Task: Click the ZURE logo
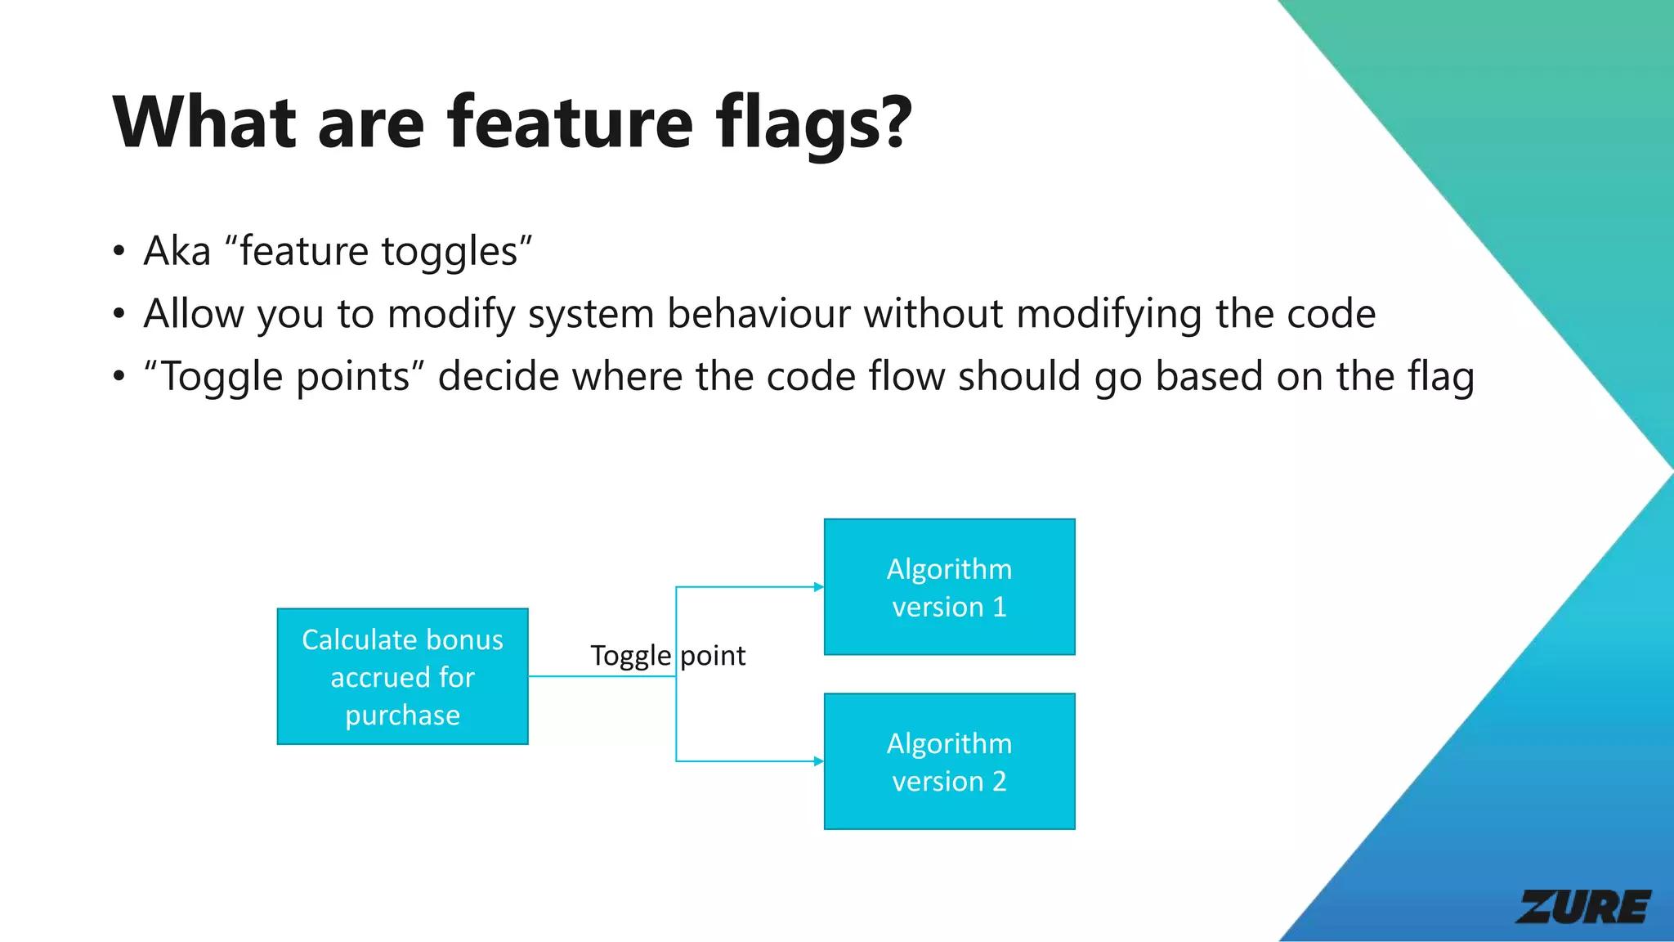1583,907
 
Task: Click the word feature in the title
570,123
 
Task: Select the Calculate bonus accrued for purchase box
402,676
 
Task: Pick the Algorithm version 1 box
949,587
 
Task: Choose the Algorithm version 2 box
949,761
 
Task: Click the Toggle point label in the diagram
668,656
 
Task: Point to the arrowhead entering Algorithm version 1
818,587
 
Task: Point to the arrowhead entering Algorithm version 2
818,761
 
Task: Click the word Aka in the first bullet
177,251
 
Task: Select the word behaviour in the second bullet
759,314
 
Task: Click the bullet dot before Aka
119,251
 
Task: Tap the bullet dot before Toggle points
119,377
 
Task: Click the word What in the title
204,123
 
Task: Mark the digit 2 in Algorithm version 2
999,782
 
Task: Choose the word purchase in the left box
402,715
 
